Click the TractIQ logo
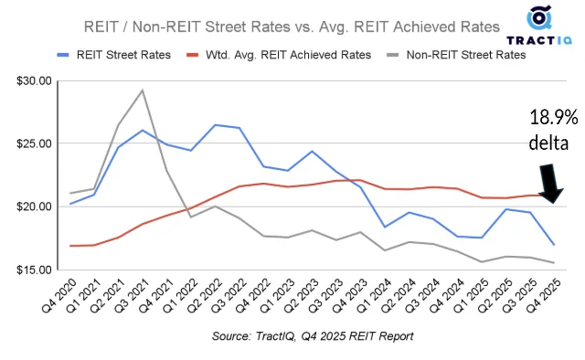pos(540,27)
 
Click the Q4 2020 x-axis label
pos(62,298)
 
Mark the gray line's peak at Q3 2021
pos(142,90)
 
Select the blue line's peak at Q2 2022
pos(216,125)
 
